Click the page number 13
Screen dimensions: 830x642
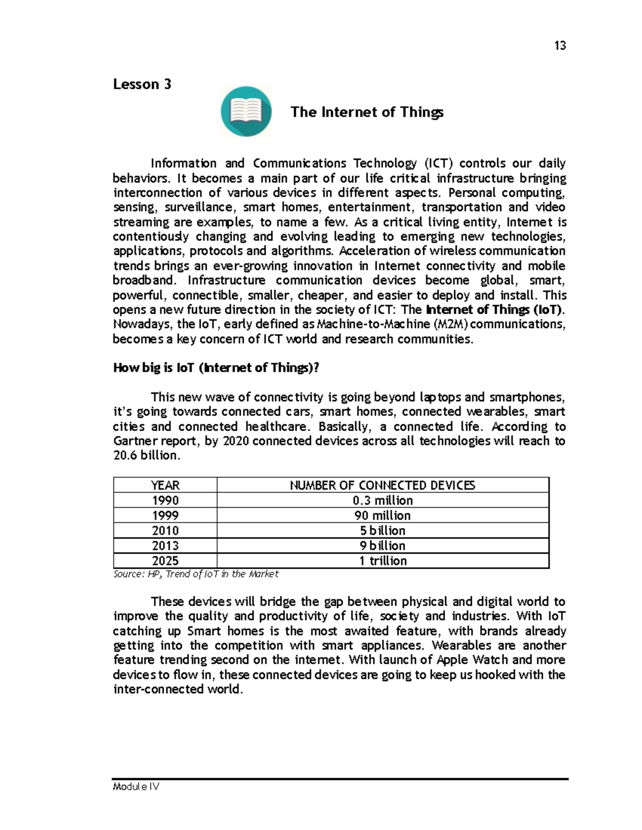tap(560, 45)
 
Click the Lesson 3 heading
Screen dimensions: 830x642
tap(142, 84)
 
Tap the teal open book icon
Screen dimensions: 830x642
tap(246, 111)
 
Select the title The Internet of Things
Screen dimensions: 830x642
tap(366, 112)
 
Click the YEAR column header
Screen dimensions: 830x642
tap(165, 485)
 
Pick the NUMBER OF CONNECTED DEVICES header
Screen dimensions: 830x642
tap(383, 485)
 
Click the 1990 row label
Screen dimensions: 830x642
tap(165, 501)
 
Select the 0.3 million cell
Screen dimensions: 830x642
tap(383, 501)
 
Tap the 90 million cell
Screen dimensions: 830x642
tap(383, 516)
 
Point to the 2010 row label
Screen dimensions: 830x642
tap(165, 531)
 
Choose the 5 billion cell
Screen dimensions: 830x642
tap(383, 531)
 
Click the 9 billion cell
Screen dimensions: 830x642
tap(383, 546)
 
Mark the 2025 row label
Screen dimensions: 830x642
tap(165, 561)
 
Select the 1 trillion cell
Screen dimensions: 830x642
tap(383, 561)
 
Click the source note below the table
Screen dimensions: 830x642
tap(196, 574)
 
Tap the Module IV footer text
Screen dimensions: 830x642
tap(136, 787)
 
